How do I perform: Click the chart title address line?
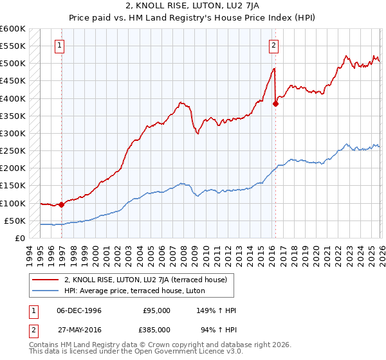(193, 6)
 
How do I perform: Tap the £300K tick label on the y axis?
(13, 134)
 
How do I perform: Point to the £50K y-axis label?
(15, 221)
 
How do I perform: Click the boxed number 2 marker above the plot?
(274, 45)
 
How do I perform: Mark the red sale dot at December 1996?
(62, 205)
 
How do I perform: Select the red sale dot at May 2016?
(275, 104)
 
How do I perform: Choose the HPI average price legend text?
(134, 291)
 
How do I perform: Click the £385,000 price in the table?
(157, 329)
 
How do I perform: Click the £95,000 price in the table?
(157, 310)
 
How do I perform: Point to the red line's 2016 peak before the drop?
(274, 68)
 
